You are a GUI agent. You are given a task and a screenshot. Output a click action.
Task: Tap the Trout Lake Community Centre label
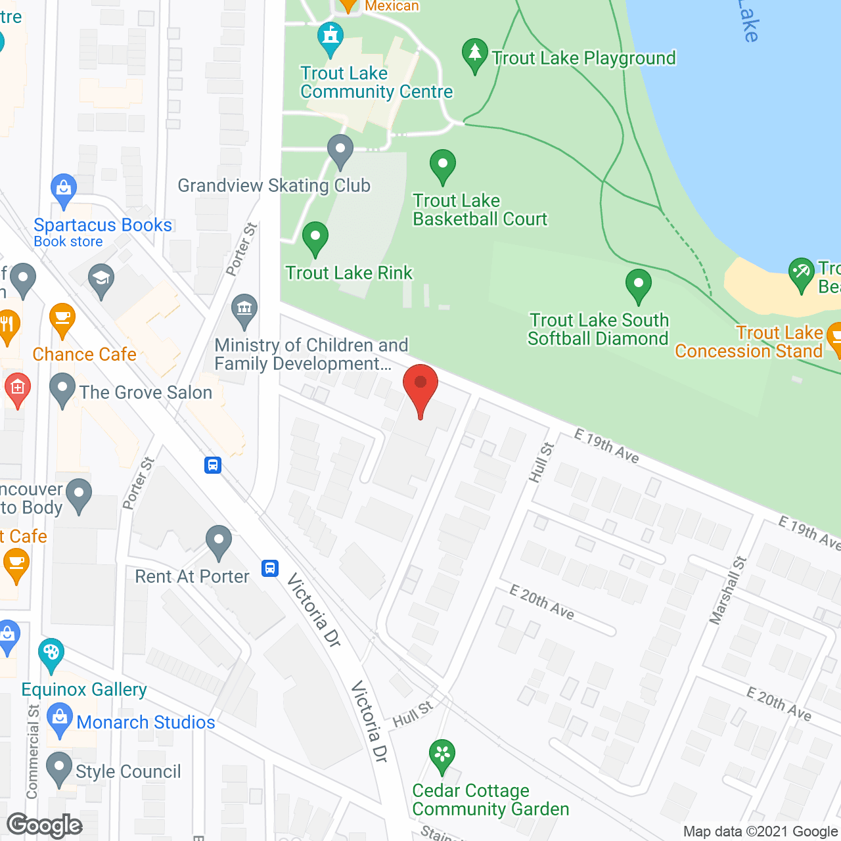(x=376, y=83)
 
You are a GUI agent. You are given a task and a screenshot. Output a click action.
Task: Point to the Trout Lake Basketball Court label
(x=480, y=210)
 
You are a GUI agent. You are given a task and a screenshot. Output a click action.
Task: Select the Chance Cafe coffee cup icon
(x=62, y=319)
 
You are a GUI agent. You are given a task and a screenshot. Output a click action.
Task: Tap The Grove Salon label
(x=146, y=392)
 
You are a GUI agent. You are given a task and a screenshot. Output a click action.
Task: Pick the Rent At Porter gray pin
(x=219, y=541)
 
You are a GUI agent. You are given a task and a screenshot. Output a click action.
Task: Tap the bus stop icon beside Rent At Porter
(x=270, y=568)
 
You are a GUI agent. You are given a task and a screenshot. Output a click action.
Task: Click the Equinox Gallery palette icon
(x=51, y=653)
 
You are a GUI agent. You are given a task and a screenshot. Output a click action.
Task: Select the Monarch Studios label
(x=146, y=722)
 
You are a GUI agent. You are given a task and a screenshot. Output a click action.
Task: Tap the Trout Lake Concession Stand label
(x=749, y=342)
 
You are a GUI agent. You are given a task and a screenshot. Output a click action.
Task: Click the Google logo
(x=45, y=825)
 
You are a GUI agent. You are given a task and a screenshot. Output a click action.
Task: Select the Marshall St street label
(x=729, y=590)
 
